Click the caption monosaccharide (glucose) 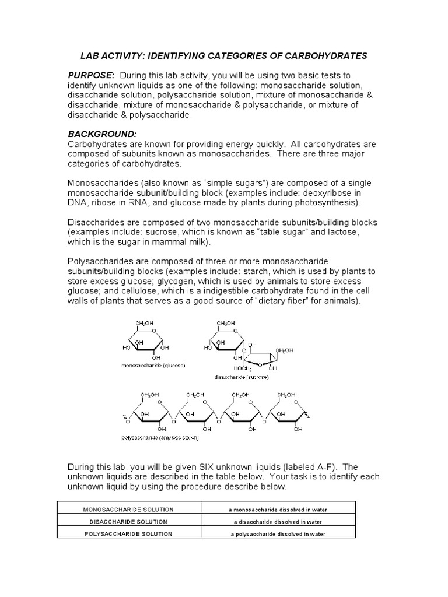point(152,366)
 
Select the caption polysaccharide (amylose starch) point(160,437)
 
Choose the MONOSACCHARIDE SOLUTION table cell point(128,509)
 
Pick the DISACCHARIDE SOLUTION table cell point(128,521)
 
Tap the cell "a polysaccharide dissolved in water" point(278,533)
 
